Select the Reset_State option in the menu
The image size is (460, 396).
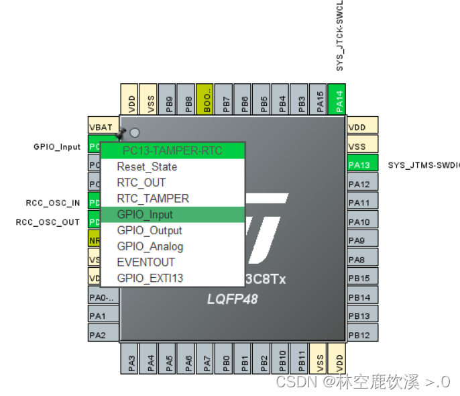coord(147,166)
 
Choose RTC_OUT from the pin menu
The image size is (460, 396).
coord(141,183)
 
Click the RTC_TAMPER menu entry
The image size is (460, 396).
coord(152,199)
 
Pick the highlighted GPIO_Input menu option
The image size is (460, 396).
coord(145,215)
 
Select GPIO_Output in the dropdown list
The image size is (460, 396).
coord(149,230)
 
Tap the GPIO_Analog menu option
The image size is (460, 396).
coord(150,246)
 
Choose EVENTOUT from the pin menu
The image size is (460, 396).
coord(146,262)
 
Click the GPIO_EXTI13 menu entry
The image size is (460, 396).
coord(150,278)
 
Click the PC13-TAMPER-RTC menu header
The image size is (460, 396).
coord(172,150)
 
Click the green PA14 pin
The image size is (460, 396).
coord(339,101)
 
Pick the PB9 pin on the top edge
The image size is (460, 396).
coord(170,101)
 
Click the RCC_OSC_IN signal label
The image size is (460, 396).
coord(53,203)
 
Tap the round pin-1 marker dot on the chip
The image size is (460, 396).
coord(135,133)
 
